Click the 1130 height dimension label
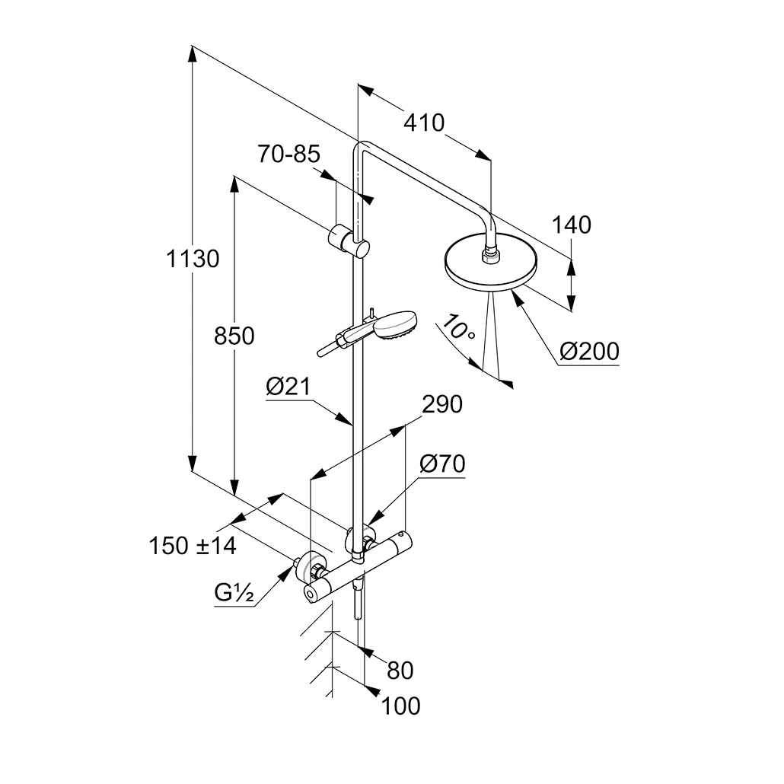pyautogui.click(x=193, y=260)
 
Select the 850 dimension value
pyautogui.click(x=234, y=336)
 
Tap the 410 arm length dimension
pyautogui.click(x=424, y=123)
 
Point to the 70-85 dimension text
pyautogui.click(x=288, y=155)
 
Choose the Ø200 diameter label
pyautogui.click(x=588, y=352)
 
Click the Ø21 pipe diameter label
pyautogui.click(x=289, y=388)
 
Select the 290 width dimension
pyautogui.click(x=442, y=405)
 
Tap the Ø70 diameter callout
pyautogui.click(x=442, y=463)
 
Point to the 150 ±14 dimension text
pyautogui.click(x=193, y=546)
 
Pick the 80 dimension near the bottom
pyautogui.click(x=400, y=671)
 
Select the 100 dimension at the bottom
pyautogui.click(x=400, y=706)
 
